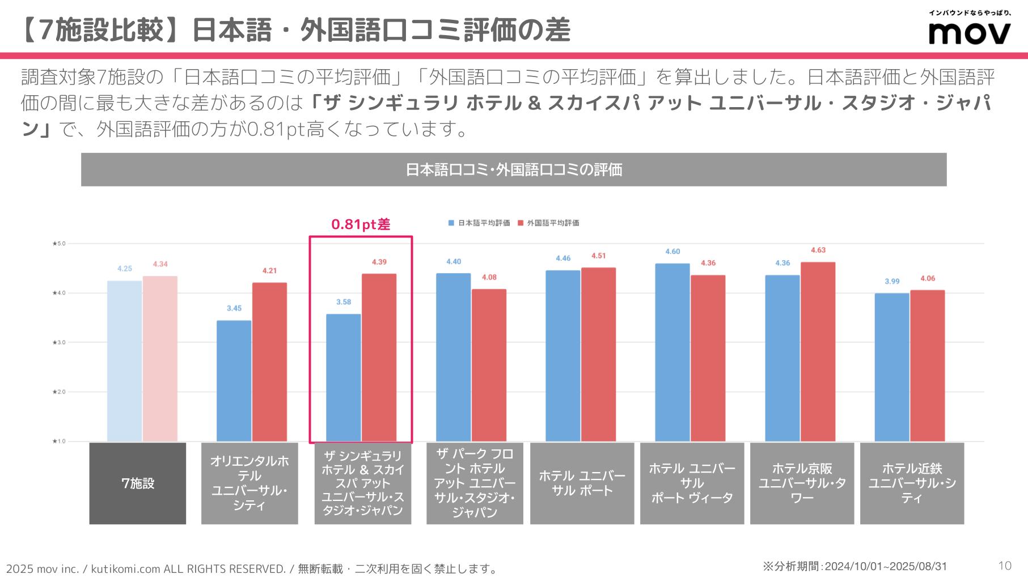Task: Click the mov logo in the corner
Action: (970, 33)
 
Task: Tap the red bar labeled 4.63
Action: (818, 351)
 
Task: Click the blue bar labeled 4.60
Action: (672, 352)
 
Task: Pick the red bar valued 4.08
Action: (489, 365)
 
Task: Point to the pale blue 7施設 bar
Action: (125, 360)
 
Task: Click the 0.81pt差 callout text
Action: (361, 224)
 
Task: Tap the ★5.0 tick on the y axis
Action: (59, 244)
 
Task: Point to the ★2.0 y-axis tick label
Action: (59, 392)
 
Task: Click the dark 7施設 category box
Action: (138, 483)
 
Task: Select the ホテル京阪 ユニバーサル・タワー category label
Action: (802, 483)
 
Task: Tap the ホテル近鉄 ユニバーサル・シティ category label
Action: (912, 483)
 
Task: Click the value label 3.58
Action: (344, 302)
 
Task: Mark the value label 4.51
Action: (598, 256)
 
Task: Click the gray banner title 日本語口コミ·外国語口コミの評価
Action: (514, 169)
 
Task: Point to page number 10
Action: (1004, 566)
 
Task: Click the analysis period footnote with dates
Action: (854, 566)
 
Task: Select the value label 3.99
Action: (892, 281)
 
